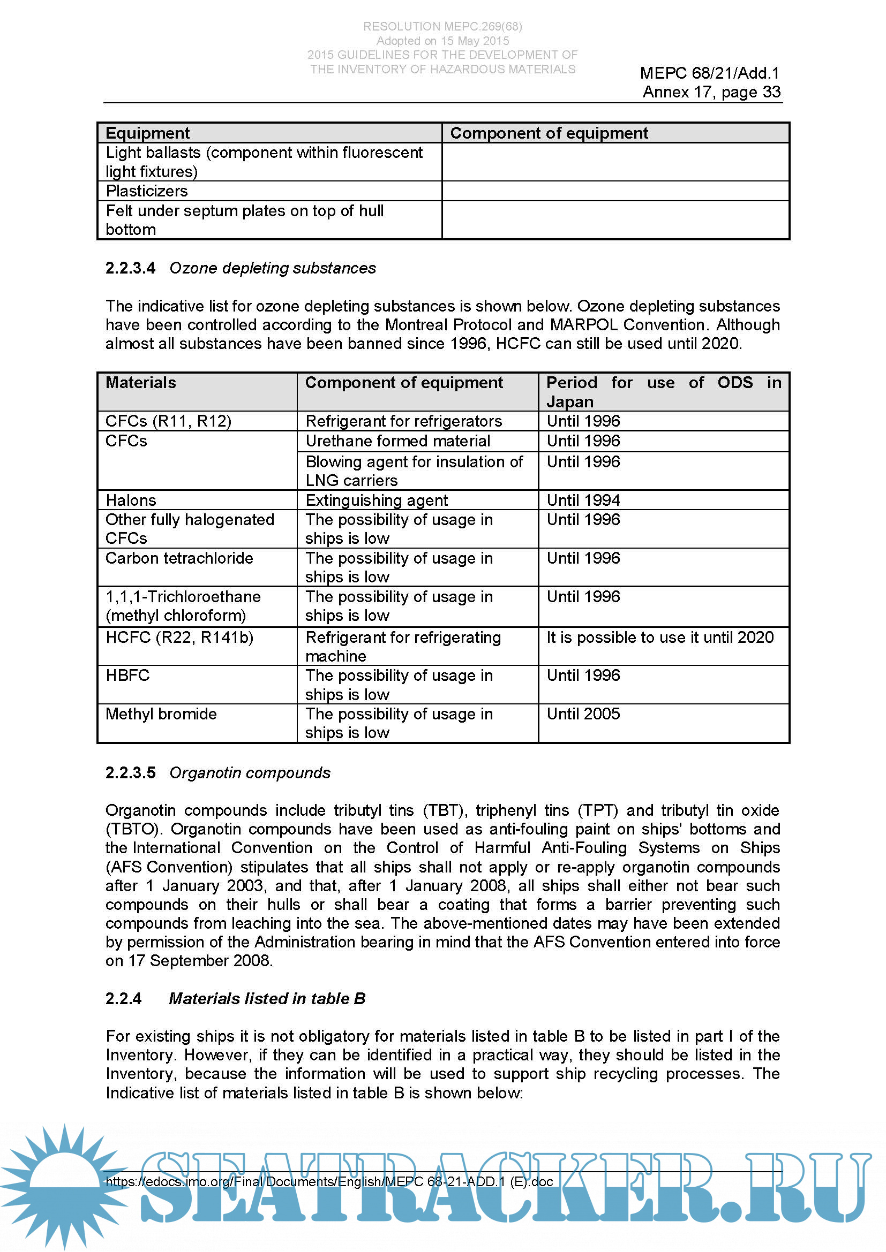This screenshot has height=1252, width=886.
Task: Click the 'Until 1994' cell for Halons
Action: pos(583,500)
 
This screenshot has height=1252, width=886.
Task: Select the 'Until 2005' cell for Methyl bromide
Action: pos(583,714)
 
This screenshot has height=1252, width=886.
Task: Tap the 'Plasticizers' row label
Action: pos(147,191)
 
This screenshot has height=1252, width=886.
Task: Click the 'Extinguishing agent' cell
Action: pos(377,500)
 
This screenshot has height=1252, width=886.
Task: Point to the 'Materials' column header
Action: pos(141,383)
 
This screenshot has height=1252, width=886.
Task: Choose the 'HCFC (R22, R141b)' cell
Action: pos(179,638)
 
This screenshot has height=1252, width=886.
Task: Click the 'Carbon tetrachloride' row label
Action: pos(179,558)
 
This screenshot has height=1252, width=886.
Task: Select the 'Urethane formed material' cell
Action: pos(397,441)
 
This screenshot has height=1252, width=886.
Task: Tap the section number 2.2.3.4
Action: pos(130,268)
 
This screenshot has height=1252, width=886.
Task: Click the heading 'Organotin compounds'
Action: pos(250,773)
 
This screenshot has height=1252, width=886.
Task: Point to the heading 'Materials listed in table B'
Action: pos(267,998)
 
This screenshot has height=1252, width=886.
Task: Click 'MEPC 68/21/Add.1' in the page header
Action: pos(710,73)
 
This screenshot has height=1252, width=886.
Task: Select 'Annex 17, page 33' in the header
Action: pos(711,92)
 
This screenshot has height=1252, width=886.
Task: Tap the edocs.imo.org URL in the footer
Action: pos(329,1182)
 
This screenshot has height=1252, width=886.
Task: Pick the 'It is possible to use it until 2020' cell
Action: pos(660,638)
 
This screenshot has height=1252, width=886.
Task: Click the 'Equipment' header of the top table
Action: pos(147,133)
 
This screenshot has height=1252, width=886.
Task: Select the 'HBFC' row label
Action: pos(127,676)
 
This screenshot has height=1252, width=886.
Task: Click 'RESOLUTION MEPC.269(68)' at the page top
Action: pos(442,26)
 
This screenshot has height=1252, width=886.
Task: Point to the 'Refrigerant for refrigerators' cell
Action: pos(404,421)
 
